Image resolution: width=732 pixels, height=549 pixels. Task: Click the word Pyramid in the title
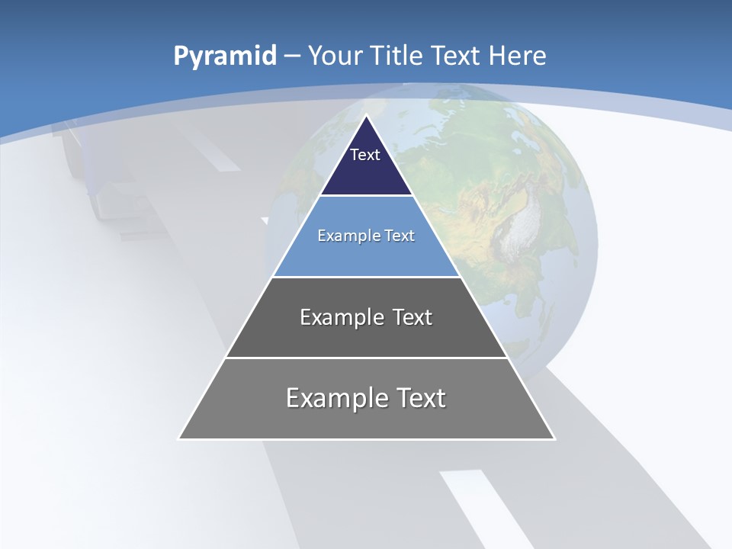coord(225,56)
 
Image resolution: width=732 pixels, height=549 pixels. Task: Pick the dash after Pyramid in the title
coord(292,56)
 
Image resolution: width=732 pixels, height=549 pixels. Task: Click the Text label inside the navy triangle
coord(365,155)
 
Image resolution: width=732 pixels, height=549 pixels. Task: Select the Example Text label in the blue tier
coord(366,236)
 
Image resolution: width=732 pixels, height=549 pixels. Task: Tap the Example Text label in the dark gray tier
coord(366,317)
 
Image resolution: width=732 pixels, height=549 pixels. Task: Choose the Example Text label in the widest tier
coord(366,398)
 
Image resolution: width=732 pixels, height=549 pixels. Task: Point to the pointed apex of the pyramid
coord(367,116)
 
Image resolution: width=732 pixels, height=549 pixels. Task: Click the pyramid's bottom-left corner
coord(179,438)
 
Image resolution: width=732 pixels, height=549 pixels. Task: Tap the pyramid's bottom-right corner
coord(554,438)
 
